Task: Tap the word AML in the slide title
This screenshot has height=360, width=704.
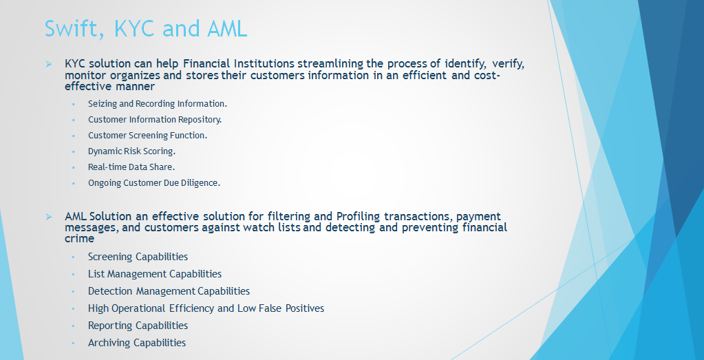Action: coord(227,29)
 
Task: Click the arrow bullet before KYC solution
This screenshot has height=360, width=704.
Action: coord(48,64)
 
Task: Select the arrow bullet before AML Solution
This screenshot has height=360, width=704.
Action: coord(48,218)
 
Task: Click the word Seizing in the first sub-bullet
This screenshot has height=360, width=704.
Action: coord(103,104)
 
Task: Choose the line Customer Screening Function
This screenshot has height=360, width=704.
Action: coord(148,136)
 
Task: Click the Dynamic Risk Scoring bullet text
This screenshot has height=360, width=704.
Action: coord(132,151)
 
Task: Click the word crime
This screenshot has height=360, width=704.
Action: coord(79,239)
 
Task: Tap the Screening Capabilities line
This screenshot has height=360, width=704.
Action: coord(138,257)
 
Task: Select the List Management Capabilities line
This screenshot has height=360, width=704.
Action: coord(155,274)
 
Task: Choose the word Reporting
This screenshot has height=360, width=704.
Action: coord(110,326)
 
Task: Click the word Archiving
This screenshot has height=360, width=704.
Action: coord(110,343)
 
